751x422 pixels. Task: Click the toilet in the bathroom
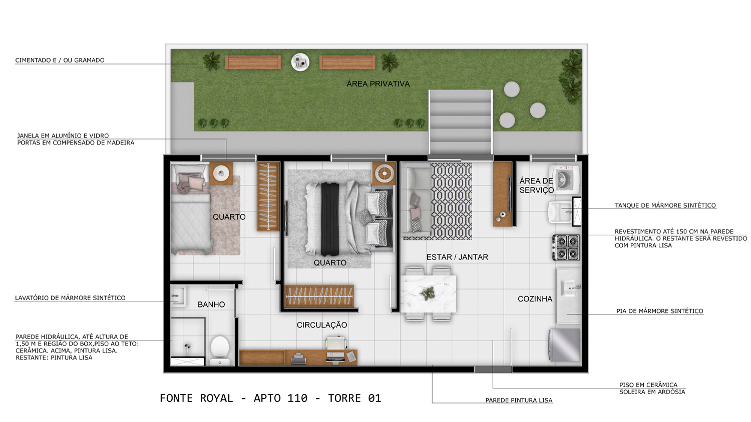(220, 351)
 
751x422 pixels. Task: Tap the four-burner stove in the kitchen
(566, 247)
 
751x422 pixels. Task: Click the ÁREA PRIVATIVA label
(378, 83)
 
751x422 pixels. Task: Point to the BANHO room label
(211, 304)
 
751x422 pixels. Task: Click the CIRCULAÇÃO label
(322, 324)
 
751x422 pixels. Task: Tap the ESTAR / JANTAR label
(457, 257)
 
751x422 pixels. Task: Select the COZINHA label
(535, 298)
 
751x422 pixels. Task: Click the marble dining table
(429, 293)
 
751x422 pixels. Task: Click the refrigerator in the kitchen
(565, 344)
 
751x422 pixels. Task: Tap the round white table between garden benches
(300, 62)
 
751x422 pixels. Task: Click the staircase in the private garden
(461, 122)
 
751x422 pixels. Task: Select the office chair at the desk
(336, 343)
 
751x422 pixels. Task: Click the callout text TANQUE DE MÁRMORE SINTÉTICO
(665, 205)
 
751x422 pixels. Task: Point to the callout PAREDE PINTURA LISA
(519, 400)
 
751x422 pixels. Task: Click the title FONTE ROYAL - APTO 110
(234, 398)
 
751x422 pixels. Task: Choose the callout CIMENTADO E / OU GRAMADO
(60, 60)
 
